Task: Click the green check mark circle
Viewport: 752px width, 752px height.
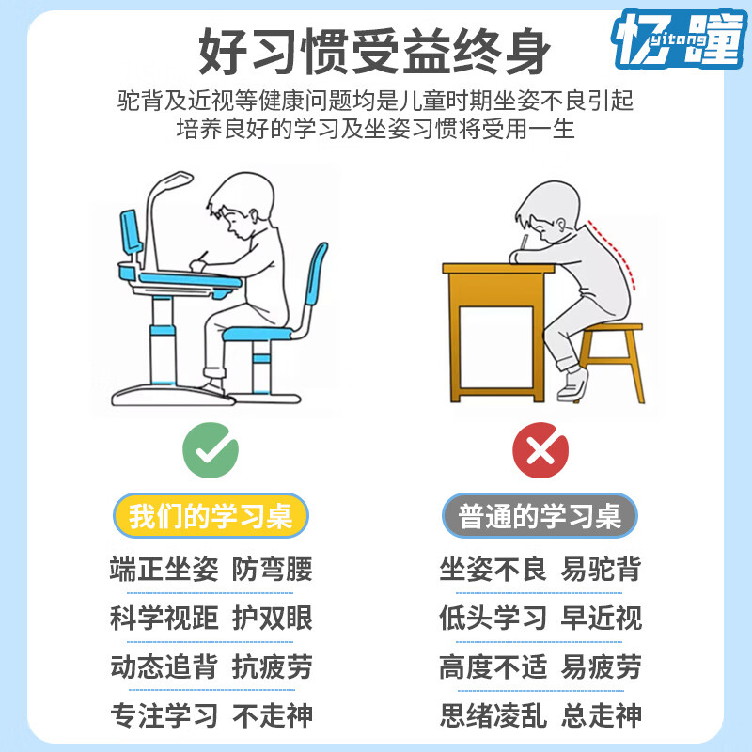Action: click(211, 450)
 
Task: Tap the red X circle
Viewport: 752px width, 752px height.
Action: click(540, 450)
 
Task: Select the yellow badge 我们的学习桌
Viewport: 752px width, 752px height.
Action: click(211, 516)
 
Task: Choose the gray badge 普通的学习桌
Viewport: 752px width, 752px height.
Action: click(540, 516)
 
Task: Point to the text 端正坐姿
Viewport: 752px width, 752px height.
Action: click(164, 569)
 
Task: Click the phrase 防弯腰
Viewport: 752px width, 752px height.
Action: click(273, 569)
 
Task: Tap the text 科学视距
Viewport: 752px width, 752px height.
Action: click(164, 618)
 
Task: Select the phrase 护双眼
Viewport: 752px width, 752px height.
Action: click(273, 618)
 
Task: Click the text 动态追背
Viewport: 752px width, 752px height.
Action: click(164, 666)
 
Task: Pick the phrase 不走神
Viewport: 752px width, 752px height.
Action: click(273, 715)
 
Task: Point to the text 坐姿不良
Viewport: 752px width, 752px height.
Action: click(493, 569)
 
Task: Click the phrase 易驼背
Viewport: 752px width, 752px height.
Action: click(602, 569)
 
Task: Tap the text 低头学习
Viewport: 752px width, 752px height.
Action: click(493, 618)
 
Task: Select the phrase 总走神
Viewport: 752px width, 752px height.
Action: click(602, 715)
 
